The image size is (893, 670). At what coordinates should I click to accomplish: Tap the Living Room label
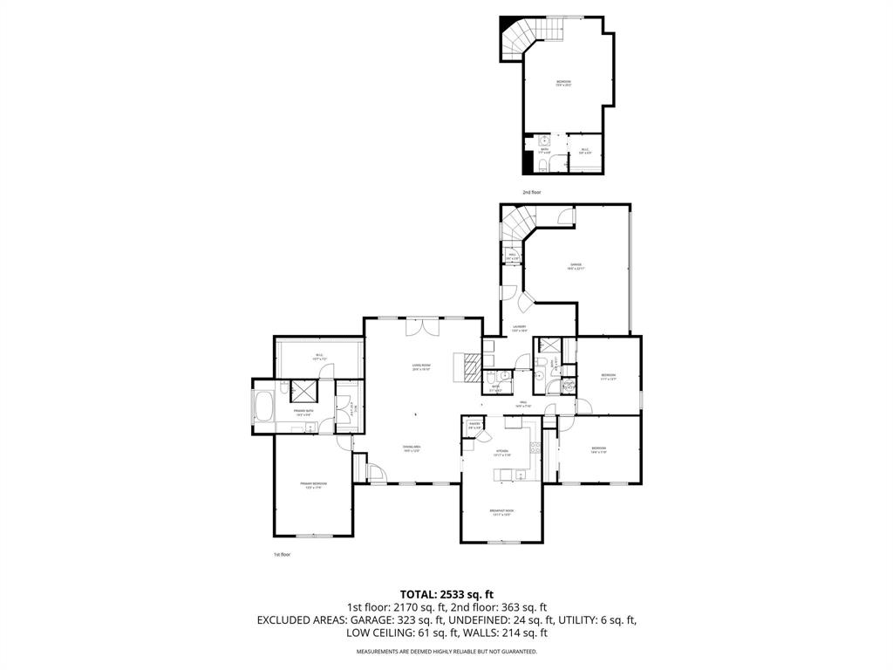point(422,366)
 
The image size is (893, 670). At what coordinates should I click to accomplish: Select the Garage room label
point(576,266)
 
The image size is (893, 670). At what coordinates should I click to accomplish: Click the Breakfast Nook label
point(501,512)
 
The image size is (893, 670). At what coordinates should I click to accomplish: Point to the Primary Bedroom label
point(314,485)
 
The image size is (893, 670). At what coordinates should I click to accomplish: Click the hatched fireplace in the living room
point(469,368)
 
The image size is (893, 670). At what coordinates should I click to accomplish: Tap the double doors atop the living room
point(422,326)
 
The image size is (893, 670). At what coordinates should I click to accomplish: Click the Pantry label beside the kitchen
point(475,427)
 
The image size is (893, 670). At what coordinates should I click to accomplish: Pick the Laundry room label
point(520,328)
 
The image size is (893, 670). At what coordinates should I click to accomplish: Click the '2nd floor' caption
point(532,191)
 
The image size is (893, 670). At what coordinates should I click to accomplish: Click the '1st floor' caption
point(282,554)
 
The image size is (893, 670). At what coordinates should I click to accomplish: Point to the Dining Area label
point(412,448)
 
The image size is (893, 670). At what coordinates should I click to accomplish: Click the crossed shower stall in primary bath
point(304,391)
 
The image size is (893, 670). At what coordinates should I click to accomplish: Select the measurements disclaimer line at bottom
point(446,651)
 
